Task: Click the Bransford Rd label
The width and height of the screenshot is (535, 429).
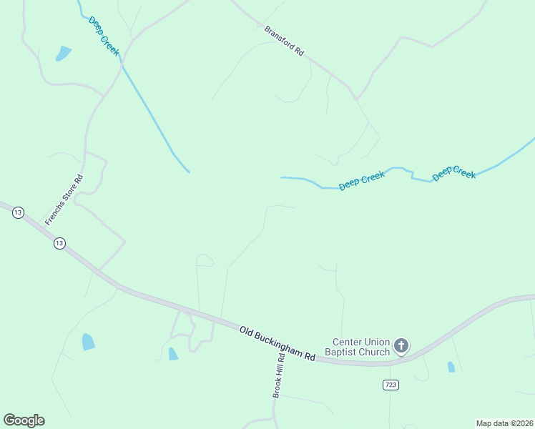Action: [285, 41]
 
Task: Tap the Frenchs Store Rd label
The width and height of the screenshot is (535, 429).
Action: [64, 200]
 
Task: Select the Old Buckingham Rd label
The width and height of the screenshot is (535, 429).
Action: [278, 343]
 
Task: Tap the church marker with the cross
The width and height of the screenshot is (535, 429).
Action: [401, 347]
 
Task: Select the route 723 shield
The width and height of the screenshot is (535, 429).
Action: [390, 385]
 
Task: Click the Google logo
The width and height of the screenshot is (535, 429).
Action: [24, 420]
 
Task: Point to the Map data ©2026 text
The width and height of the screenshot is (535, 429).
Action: [504, 423]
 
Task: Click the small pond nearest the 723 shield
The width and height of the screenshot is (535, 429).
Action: [451, 367]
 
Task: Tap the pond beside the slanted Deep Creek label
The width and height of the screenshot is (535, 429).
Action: [64, 53]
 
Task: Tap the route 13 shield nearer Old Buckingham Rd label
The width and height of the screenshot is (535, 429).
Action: [59, 243]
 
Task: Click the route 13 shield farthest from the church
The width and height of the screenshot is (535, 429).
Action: [18, 212]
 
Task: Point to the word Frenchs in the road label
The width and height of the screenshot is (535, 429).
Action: [54, 214]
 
